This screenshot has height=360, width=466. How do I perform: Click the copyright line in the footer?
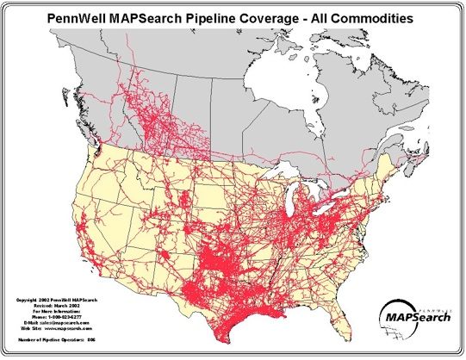pyautogui.click(x=53, y=300)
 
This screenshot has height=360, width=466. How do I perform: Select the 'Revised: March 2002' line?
pyautogui.click(x=53, y=305)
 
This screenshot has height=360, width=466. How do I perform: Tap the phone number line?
pyautogui.click(x=53, y=317)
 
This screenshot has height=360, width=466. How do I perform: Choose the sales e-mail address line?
pyautogui.click(x=53, y=323)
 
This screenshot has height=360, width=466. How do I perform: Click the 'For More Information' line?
pyautogui.click(x=53, y=311)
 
